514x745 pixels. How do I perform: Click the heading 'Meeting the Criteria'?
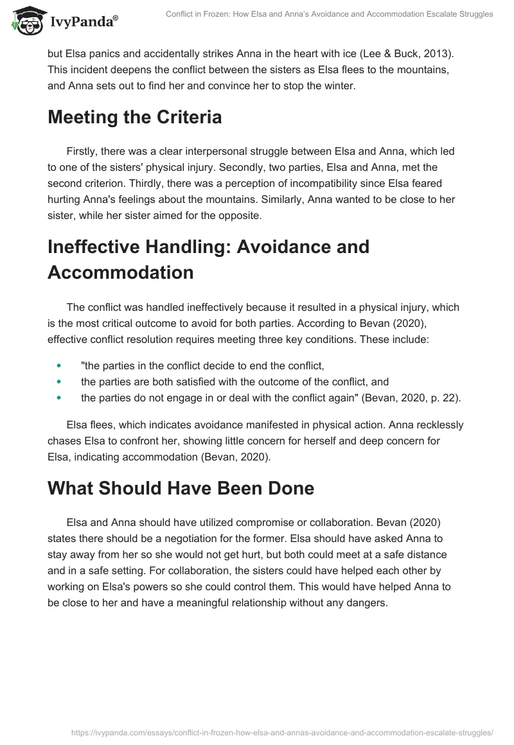click(135, 117)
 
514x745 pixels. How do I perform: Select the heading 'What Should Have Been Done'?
click(181, 487)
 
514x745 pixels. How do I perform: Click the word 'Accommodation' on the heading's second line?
click(121, 272)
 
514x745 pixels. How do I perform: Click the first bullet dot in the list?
click(58, 365)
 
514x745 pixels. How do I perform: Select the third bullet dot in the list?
click(58, 398)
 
